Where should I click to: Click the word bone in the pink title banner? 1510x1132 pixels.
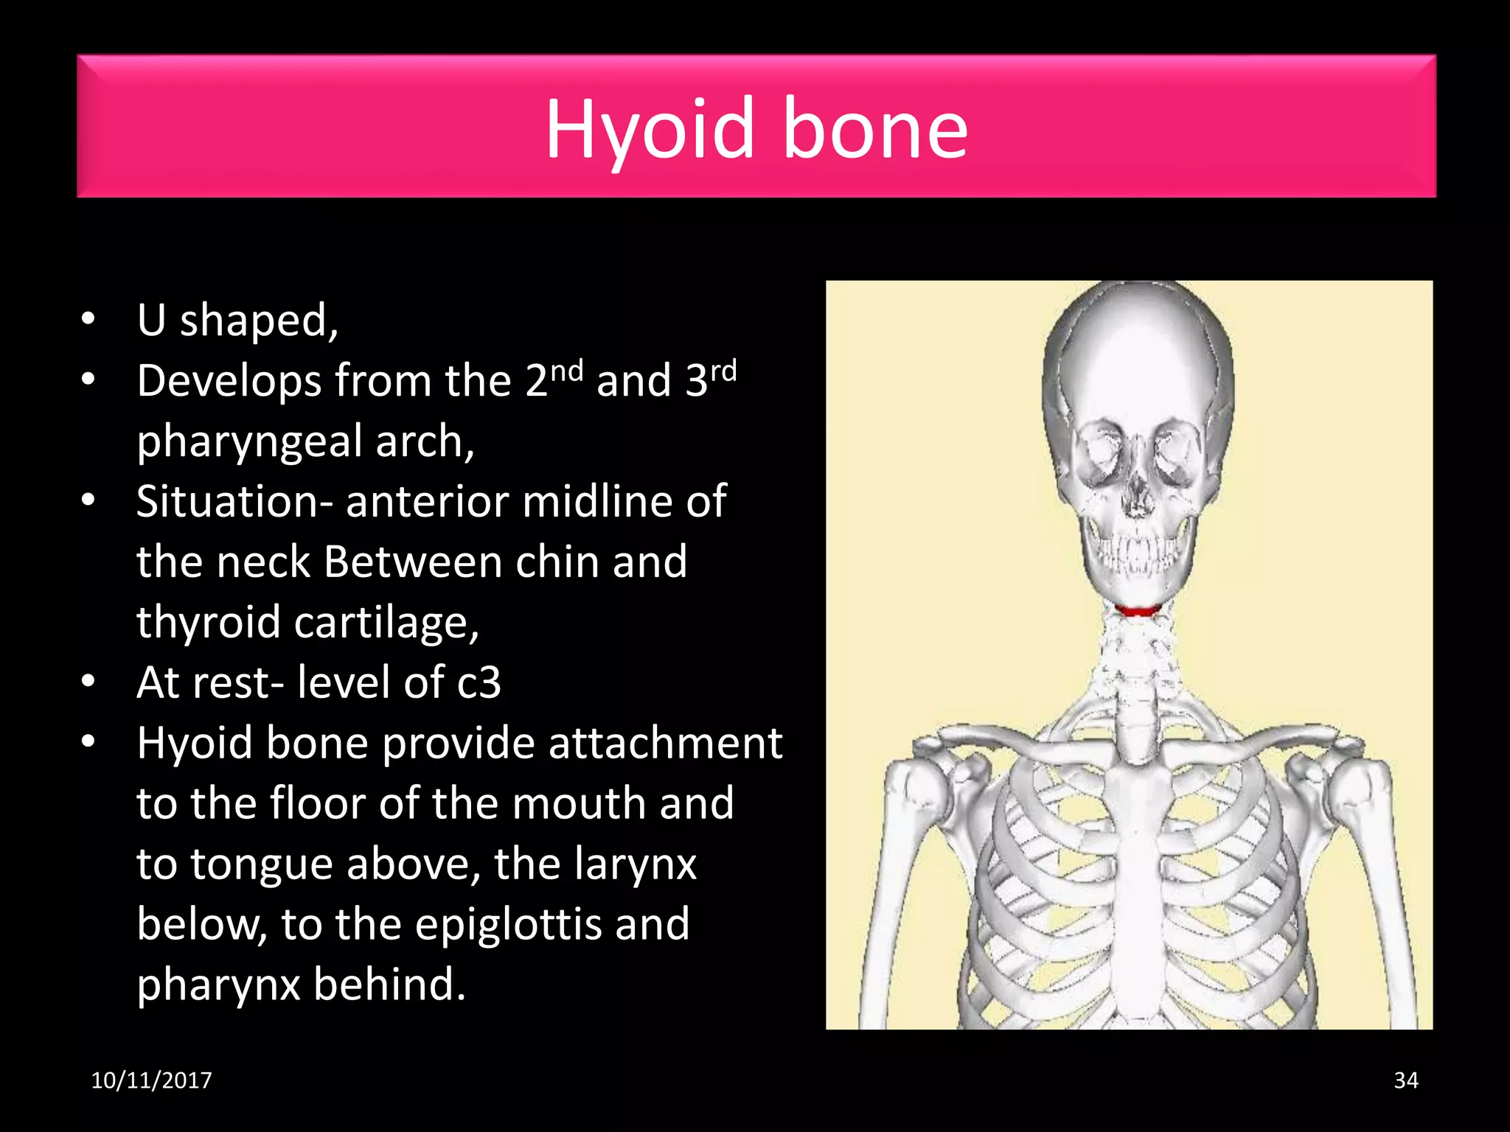tap(874, 130)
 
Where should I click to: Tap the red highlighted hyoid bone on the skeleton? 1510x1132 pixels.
tap(1137, 610)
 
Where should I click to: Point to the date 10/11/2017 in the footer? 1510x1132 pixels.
tap(151, 1080)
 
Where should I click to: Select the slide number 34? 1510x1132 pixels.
tap(1405, 1080)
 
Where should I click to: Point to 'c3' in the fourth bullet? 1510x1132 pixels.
tap(479, 683)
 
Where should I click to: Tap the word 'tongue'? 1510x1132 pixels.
tap(260, 864)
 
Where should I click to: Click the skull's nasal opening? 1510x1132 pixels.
tap(1138, 498)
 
